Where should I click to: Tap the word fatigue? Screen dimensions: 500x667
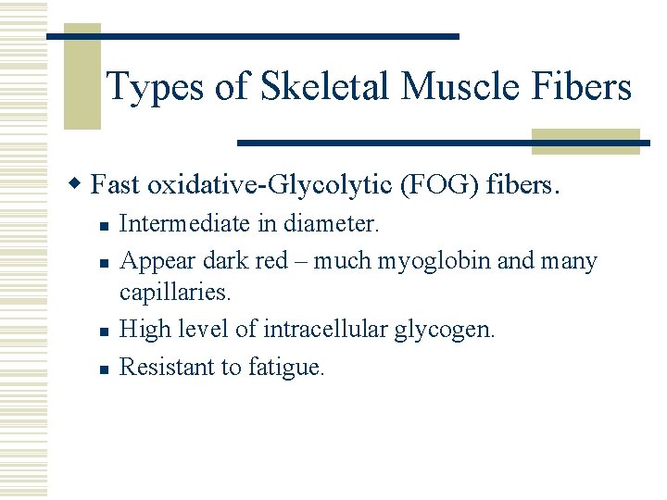[x=286, y=369]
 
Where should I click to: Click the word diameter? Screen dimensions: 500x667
[x=331, y=225]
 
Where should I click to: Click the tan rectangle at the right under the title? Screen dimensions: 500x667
[x=585, y=141]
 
